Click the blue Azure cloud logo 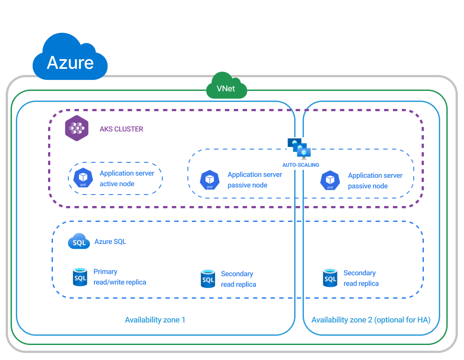pos(70,59)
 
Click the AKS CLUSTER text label pos(121,129)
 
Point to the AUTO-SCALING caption pos(300,165)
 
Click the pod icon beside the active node pos(83,178)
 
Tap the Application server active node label pos(127,179)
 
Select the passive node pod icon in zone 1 pos(210,180)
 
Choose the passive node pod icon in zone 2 pos(330,180)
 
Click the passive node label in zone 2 pos(375,181)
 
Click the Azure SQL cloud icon pos(79,242)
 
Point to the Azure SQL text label pos(110,242)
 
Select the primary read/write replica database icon pos(80,277)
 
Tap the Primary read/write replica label pos(120,277)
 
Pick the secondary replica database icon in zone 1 pos(208,279)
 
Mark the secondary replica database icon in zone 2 pos(330,278)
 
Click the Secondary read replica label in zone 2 pos(361,278)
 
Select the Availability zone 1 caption pos(155,320)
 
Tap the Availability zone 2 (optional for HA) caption pos(371,320)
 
